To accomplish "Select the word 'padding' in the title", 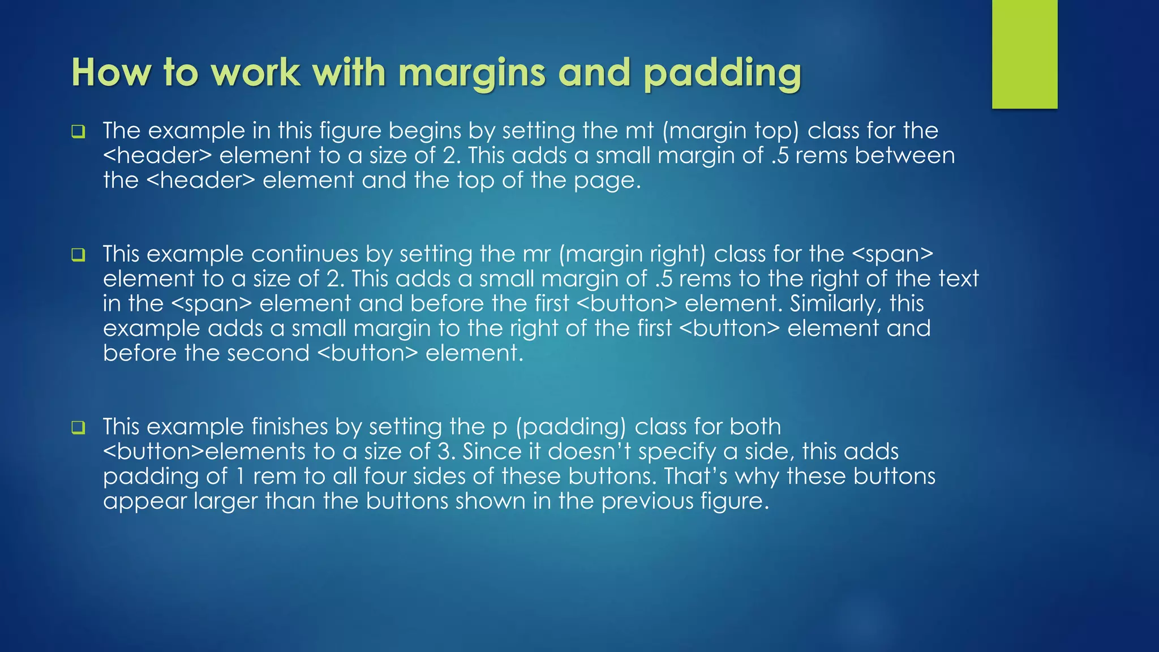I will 722,74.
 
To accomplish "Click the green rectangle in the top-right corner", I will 1024,54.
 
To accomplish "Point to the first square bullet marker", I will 78,132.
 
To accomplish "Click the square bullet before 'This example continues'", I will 78,255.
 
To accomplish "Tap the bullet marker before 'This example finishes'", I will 78,428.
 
